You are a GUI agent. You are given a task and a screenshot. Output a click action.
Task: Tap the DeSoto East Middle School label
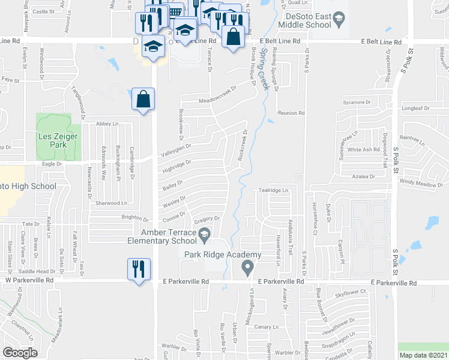[x=309, y=20]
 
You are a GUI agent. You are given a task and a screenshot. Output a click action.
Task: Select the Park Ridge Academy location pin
[x=246, y=267]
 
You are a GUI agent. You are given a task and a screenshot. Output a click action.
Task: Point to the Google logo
[x=20, y=353]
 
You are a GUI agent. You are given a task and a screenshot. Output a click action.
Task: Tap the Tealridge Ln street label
[x=274, y=190]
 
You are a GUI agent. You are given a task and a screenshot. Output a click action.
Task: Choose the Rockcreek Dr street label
[x=243, y=144]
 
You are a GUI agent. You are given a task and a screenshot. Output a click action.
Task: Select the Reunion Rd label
[x=291, y=113]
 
